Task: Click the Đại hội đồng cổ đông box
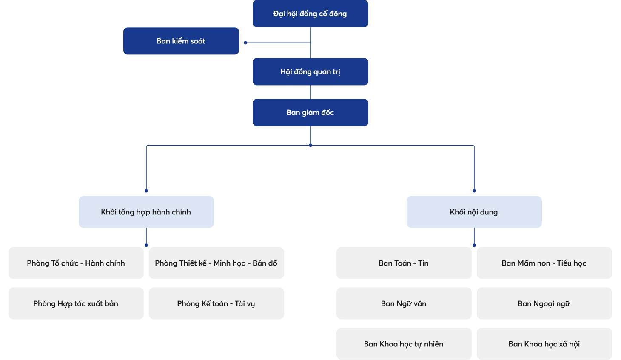point(310,14)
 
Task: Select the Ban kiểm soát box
point(181,41)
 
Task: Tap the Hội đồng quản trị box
point(310,71)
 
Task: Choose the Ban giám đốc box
point(310,113)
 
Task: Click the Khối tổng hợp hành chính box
point(146,212)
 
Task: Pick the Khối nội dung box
point(474,212)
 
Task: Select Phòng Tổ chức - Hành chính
point(76,263)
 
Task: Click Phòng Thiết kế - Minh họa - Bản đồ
point(216,263)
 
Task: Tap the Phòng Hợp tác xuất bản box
point(76,303)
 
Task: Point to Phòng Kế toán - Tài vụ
point(216,303)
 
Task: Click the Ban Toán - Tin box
point(404,263)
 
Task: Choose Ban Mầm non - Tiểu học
point(544,263)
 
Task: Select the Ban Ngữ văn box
point(404,303)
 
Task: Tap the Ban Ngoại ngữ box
point(544,303)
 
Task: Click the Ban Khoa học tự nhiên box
point(404,344)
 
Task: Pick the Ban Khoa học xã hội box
point(544,344)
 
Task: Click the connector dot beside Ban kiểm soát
point(245,43)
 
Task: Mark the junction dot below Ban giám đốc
point(310,146)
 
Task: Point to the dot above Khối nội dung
point(474,191)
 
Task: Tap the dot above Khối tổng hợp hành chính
point(146,191)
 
